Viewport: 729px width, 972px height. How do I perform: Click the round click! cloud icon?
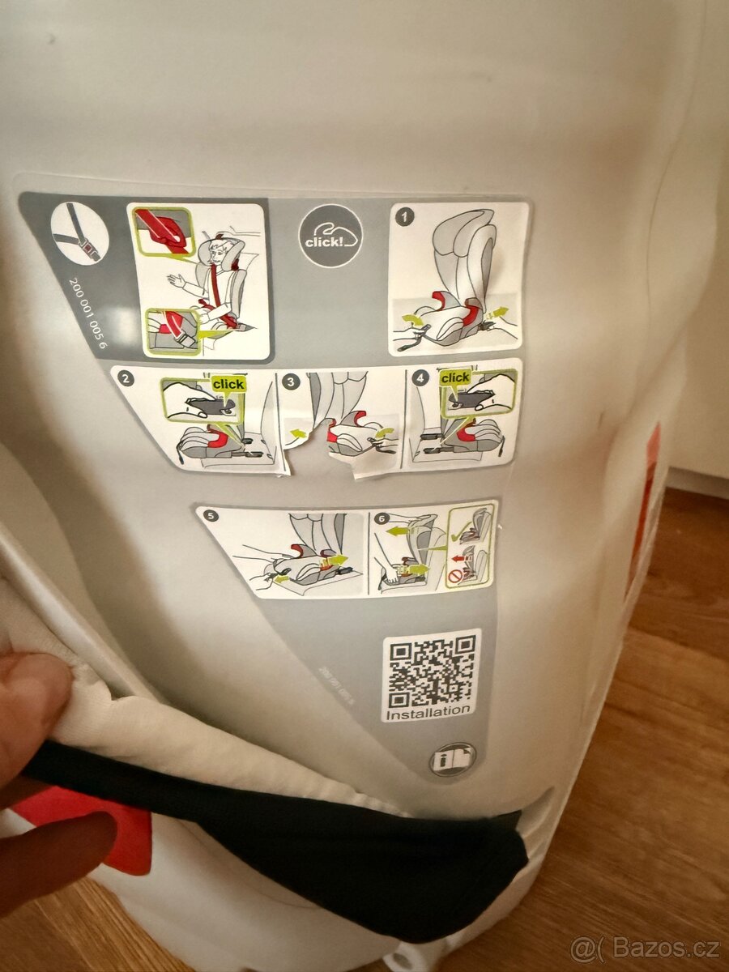330,236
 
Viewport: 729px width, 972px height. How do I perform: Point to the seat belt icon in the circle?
79,232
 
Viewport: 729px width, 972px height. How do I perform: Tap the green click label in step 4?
454,377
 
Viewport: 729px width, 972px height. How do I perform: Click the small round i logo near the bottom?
452,761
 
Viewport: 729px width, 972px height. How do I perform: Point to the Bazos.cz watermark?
645,947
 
